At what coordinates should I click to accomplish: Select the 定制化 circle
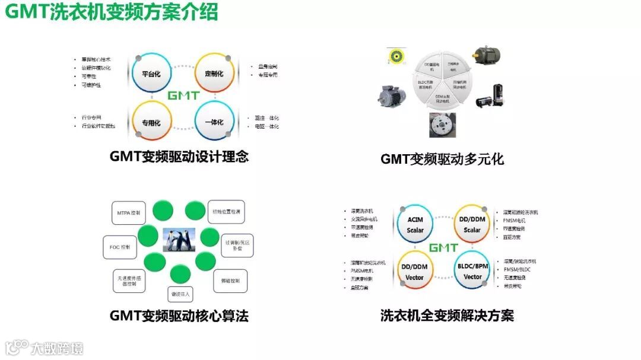click(x=214, y=74)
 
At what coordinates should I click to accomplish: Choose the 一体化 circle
click(x=214, y=123)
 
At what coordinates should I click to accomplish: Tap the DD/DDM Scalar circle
click(x=472, y=225)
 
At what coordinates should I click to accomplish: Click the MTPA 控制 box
click(x=129, y=212)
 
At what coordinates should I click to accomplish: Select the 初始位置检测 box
click(x=226, y=212)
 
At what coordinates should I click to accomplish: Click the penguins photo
click(x=179, y=240)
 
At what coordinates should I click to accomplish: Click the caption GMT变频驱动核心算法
click(x=179, y=316)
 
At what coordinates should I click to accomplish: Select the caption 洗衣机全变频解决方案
click(x=447, y=316)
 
